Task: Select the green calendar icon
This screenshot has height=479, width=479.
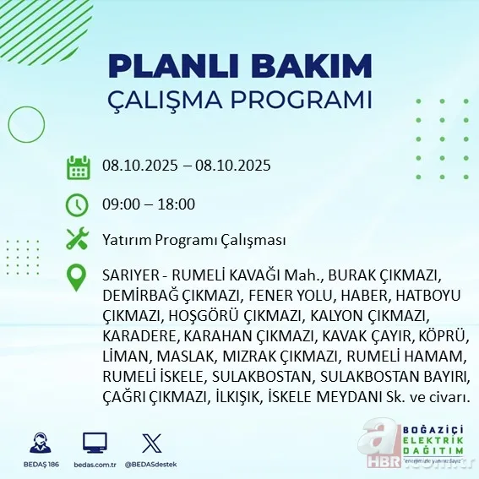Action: (x=78, y=166)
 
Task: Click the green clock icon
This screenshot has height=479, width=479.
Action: (x=78, y=204)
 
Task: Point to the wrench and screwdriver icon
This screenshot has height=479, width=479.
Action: (x=78, y=240)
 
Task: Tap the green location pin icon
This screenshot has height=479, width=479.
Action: (x=78, y=278)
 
